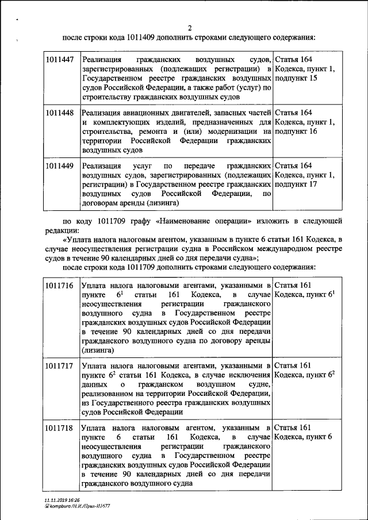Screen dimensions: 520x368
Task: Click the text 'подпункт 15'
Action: pos(296,78)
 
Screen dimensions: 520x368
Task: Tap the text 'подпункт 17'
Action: pos(296,184)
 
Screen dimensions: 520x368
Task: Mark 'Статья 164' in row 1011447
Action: pos(294,59)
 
